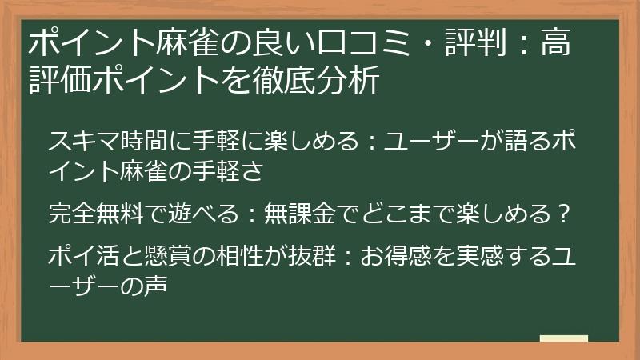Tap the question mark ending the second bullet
(563, 214)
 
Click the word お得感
(397, 256)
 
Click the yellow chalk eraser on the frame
(563, 339)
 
